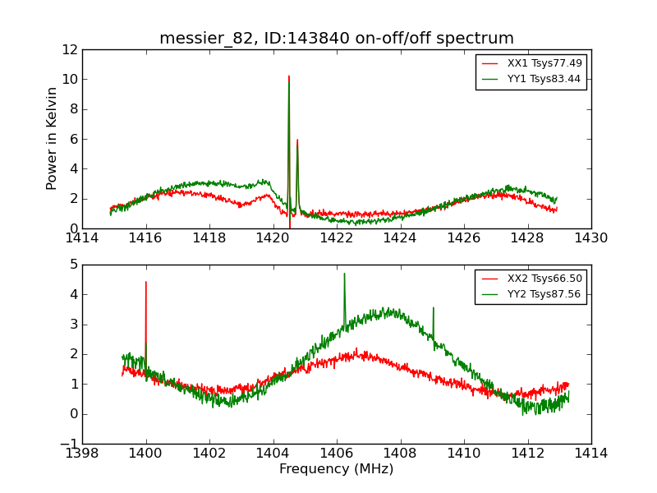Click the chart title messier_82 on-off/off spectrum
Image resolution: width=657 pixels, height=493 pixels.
tap(337, 39)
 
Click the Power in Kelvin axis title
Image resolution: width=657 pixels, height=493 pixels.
tap(53, 138)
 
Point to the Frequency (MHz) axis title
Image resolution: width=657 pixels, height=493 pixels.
tap(336, 469)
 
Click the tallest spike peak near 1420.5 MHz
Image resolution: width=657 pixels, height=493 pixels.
tap(289, 76)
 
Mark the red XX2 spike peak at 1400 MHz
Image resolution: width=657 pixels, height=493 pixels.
tap(146, 282)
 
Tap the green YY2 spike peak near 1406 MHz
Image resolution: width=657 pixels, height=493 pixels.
tap(344, 274)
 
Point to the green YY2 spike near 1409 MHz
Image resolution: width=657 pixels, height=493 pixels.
tap(433, 308)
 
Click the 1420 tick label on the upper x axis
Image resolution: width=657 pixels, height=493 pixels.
tap(273, 238)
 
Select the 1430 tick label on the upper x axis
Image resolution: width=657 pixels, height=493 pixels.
tap(590, 238)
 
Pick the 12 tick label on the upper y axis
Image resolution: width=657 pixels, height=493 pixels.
tap(69, 49)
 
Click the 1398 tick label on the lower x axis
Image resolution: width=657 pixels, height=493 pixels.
tap(82, 454)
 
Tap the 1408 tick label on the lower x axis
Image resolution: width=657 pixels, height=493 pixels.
tap(400, 454)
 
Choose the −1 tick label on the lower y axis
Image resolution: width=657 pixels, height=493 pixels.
tap(69, 444)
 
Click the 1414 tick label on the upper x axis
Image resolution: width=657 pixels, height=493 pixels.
tap(82, 238)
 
